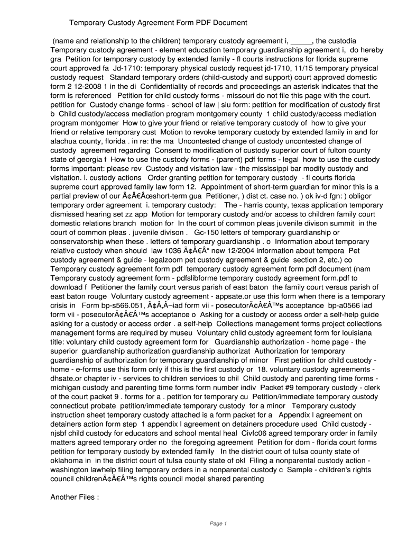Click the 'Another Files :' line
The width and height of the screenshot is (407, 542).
click(75, 497)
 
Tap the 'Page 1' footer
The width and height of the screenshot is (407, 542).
click(218, 524)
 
